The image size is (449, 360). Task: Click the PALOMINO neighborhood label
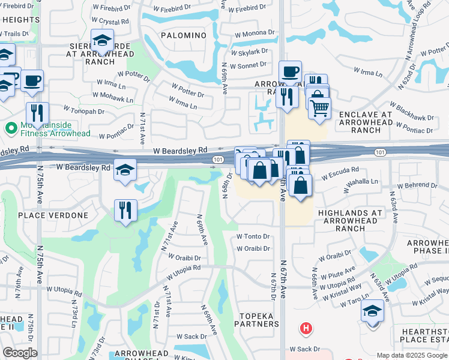pos(183,35)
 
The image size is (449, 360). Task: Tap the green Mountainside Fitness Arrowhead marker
pos(10,128)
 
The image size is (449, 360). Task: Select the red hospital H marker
pos(306,328)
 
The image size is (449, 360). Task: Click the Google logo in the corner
pos(20,353)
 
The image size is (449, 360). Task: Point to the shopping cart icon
pos(320,107)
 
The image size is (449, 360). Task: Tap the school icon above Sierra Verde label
pos(102,41)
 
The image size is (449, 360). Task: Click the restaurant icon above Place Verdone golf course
pos(125,210)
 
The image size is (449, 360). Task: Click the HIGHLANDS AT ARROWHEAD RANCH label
pos(350,220)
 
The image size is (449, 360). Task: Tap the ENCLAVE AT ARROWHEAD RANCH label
pos(366,122)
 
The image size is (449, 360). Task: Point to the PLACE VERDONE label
pos(53,215)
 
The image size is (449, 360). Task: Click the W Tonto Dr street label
pos(253,236)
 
